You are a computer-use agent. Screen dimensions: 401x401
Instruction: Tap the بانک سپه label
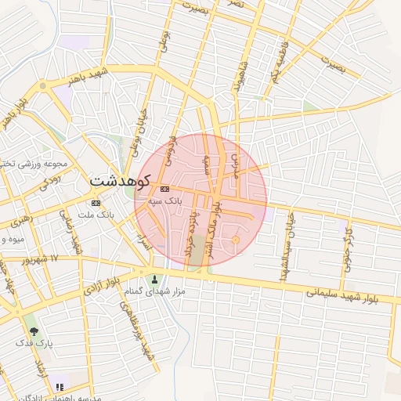coord(165,201)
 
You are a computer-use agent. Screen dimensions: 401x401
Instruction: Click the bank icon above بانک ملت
coord(96,203)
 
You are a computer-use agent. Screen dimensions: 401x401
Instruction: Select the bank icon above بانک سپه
coord(164,190)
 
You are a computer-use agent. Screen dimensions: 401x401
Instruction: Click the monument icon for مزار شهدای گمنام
coord(154,280)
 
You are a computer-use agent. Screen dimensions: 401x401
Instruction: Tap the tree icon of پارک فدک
coord(34,331)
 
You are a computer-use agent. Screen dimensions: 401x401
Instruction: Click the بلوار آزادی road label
coord(103,284)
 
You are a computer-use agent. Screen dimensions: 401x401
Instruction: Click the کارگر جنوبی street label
coord(349,249)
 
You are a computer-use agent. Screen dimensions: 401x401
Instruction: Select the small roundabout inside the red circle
coord(236,239)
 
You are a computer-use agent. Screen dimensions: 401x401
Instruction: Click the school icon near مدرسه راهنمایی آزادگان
coord(60,387)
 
